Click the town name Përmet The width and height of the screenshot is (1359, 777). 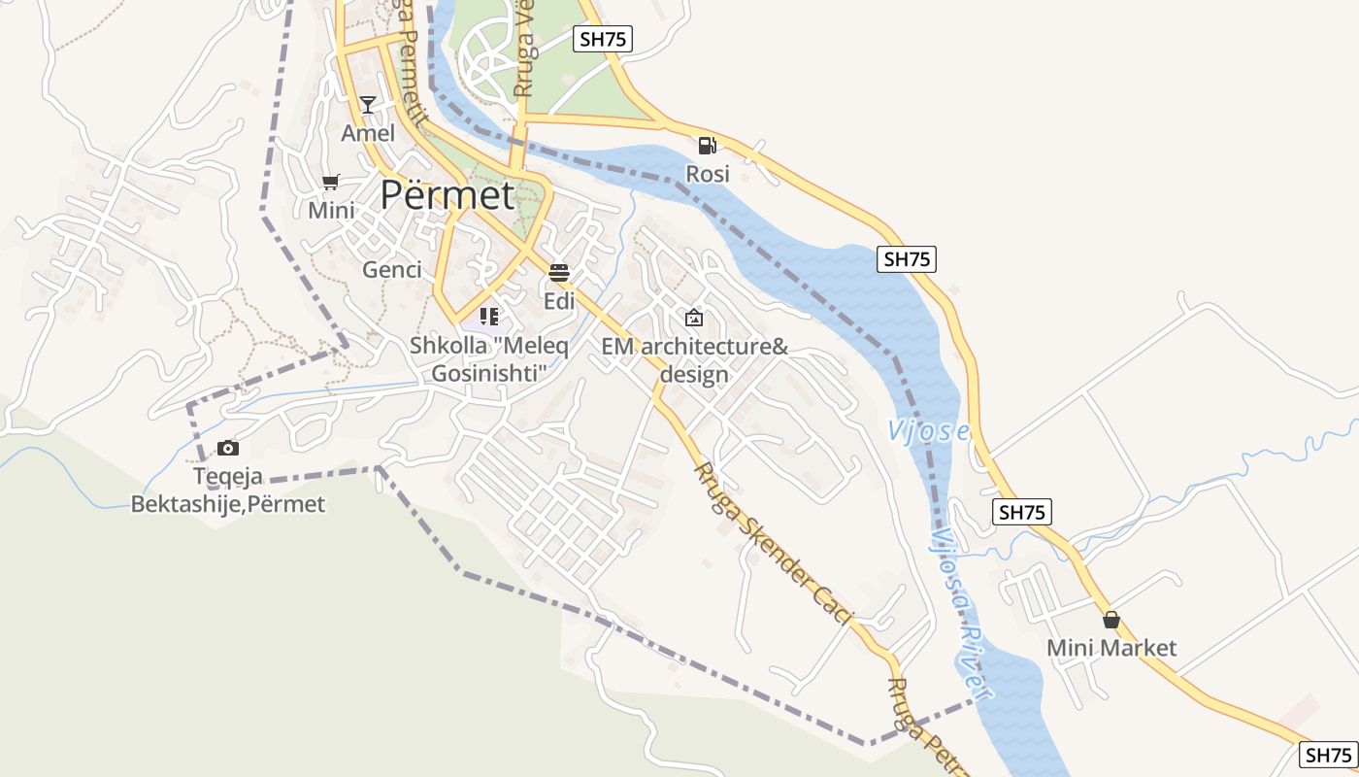447,195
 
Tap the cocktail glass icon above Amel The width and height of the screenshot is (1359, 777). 367,104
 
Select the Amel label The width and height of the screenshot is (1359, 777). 368,133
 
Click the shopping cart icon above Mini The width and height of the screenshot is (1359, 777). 331,182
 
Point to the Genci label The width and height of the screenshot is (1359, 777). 392,270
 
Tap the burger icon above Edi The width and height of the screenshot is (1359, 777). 558,272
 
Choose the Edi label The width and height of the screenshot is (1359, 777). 559,301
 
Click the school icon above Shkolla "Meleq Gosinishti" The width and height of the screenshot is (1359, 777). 489,317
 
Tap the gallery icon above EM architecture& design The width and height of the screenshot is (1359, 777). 694,318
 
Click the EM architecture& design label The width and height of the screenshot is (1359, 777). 694,360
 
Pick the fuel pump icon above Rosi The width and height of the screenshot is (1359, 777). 707,146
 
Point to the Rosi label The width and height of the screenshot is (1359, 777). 707,175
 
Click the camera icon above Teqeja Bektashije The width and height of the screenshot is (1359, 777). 228,448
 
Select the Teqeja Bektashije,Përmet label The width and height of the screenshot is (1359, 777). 228,490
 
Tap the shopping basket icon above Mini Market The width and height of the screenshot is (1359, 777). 1111,620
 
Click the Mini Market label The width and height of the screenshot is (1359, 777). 1111,648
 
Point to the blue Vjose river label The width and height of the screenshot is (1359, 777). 929,430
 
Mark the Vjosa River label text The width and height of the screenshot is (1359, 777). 961,612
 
